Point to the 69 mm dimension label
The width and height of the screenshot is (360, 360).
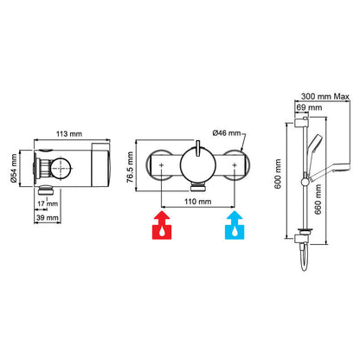(x=309, y=107)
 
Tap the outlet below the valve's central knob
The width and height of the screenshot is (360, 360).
(x=200, y=187)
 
